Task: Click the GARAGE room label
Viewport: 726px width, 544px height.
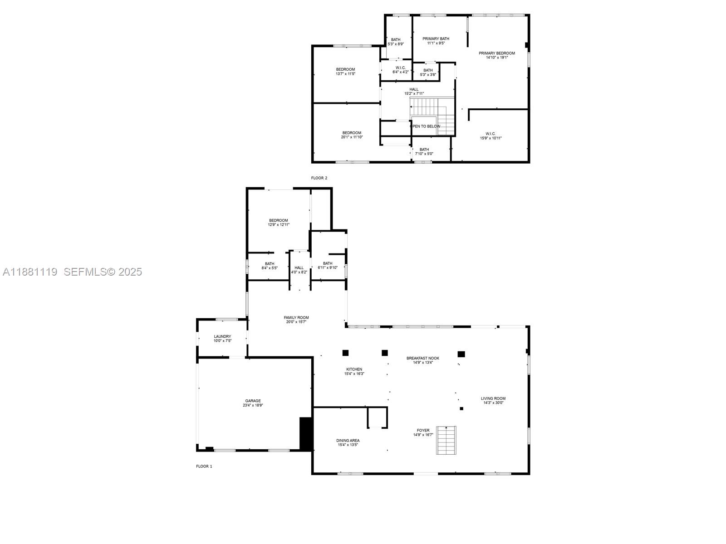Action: click(253, 401)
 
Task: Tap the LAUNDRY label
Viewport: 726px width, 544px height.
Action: click(222, 336)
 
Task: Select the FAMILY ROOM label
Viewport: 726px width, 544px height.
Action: click(296, 317)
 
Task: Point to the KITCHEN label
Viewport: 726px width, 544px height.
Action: click(354, 369)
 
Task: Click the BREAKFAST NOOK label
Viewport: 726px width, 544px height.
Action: click(423, 358)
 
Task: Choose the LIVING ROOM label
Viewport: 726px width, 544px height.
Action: click(493, 398)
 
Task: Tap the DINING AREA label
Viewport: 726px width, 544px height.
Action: click(348, 440)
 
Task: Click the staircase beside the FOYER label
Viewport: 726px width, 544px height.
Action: click(446, 440)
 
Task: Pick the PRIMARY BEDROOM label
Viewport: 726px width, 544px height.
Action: click(497, 53)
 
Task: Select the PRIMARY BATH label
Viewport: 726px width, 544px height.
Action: click(436, 39)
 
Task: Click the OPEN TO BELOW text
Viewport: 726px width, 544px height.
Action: click(425, 126)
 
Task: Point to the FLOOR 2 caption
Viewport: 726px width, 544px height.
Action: click(319, 178)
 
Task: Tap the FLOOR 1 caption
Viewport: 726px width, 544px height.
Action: click(204, 466)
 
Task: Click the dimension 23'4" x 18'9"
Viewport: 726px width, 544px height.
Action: click(253, 405)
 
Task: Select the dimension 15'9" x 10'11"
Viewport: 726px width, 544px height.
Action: click(491, 138)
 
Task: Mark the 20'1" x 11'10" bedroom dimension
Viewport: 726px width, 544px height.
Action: click(352, 137)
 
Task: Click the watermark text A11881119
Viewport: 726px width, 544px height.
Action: click(30, 272)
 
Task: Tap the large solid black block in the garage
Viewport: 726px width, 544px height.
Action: click(306, 434)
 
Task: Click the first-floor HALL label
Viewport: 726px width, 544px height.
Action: click(299, 268)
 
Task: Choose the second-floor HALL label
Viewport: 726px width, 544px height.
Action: click(414, 89)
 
